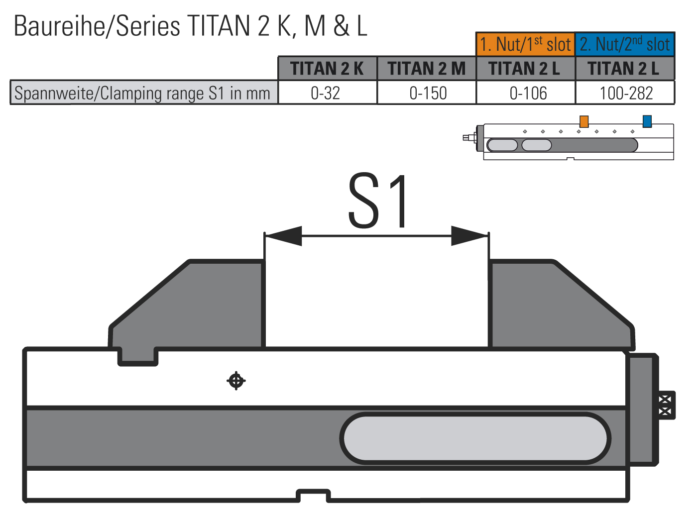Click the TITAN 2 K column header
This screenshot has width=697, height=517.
click(x=327, y=69)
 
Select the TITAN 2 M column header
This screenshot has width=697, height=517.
click(x=427, y=69)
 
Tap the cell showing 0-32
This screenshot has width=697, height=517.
click(x=327, y=93)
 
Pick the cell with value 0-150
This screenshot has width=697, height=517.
click(x=427, y=93)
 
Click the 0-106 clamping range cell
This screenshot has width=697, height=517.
click(x=526, y=93)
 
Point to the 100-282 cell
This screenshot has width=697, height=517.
click(x=625, y=93)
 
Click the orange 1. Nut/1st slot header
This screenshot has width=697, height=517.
click(x=525, y=44)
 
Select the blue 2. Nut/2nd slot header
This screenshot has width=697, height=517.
click(x=625, y=44)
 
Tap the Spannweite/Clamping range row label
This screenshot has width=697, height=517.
click(x=144, y=93)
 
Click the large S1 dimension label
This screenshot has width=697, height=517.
click(x=377, y=201)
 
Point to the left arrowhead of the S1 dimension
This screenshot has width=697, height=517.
click(x=283, y=235)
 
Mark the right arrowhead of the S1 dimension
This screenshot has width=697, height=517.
click(x=470, y=235)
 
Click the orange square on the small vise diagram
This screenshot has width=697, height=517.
click(x=584, y=121)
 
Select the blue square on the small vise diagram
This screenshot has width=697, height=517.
click(x=647, y=121)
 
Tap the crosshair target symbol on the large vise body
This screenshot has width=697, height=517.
click(x=236, y=381)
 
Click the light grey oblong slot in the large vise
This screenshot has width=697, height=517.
click(x=475, y=438)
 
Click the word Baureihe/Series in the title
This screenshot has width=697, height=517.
click(x=97, y=26)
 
